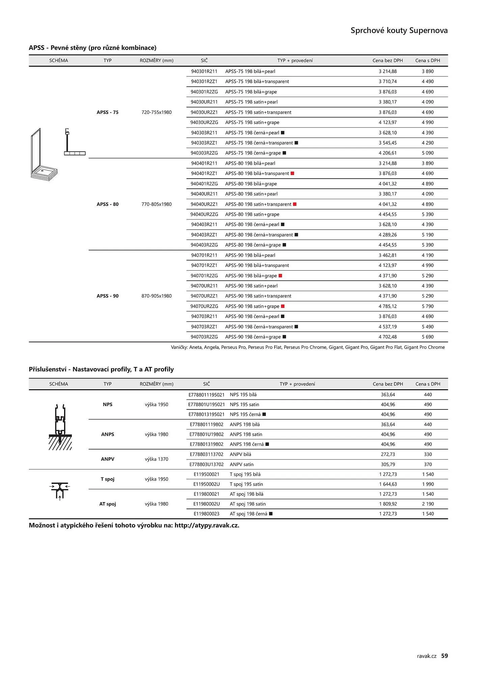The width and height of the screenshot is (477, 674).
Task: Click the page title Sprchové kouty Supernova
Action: click(x=399, y=31)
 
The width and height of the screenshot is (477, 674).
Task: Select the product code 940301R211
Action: click(x=204, y=71)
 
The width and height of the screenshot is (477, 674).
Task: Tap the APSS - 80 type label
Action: click(x=108, y=204)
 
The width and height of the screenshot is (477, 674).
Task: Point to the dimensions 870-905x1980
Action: click(x=157, y=296)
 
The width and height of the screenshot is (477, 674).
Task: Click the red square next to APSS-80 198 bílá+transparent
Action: click(x=292, y=174)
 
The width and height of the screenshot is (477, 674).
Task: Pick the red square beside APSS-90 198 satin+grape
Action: click(x=283, y=306)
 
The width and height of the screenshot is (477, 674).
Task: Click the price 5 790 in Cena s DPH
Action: click(x=427, y=306)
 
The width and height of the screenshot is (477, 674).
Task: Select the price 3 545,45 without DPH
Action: click(x=388, y=143)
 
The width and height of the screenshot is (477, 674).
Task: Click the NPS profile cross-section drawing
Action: click(x=60, y=427)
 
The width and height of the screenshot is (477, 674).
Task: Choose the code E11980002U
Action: click(x=206, y=504)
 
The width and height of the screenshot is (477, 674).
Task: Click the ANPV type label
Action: click(x=108, y=459)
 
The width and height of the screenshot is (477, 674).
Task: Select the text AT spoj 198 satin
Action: click(x=248, y=504)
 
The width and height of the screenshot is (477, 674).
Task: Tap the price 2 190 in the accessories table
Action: click(x=428, y=504)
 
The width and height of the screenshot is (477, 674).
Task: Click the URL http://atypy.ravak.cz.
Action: click(x=206, y=525)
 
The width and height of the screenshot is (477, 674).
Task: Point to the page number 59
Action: click(x=445, y=655)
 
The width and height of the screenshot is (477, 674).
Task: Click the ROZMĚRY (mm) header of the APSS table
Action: click(x=157, y=61)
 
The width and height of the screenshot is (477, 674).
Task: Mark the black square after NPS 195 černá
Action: click(x=264, y=415)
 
